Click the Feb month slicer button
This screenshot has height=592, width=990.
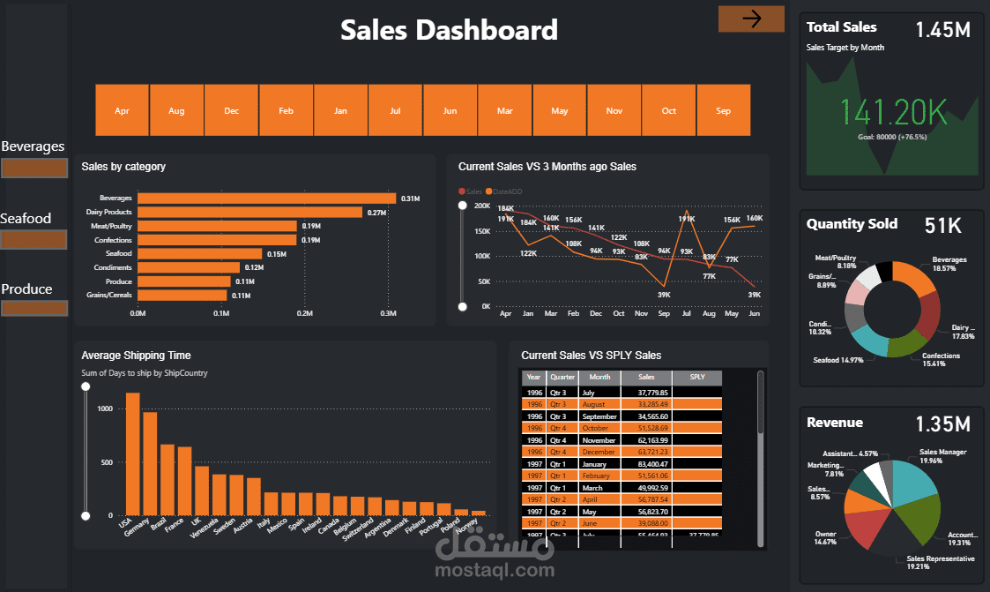pos(286,110)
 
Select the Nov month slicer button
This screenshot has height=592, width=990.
pos(614,110)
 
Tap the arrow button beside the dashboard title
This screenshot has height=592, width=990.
pos(751,19)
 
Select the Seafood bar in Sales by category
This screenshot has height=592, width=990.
pos(200,253)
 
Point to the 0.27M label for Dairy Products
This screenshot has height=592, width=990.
pos(377,213)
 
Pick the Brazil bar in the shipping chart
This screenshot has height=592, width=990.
pos(167,479)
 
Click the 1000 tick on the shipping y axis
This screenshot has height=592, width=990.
pos(105,409)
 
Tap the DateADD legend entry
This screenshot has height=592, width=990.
pos(505,191)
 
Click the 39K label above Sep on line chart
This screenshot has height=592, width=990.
pos(664,295)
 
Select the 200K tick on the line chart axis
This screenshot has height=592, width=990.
pos(481,206)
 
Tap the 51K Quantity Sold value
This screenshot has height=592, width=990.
pos(942,226)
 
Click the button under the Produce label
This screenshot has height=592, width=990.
pos(34,308)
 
